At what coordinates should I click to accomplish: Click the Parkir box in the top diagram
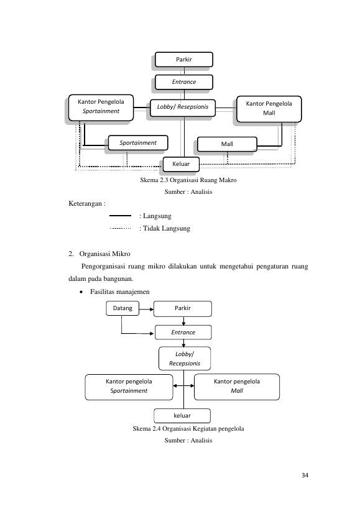(x=184, y=60)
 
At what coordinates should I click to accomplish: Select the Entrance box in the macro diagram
(x=184, y=82)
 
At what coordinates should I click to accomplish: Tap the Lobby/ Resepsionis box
(x=183, y=108)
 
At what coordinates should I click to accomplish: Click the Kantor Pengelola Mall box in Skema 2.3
(x=269, y=109)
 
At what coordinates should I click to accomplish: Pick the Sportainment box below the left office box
(x=138, y=143)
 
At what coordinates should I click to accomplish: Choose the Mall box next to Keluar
(x=227, y=144)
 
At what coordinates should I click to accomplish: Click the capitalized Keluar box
(x=181, y=164)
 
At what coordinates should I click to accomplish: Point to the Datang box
(x=122, y=308)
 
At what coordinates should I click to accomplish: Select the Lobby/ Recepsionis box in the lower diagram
(x=185, y=359)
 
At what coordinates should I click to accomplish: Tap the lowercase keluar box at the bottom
(x=182, y=416)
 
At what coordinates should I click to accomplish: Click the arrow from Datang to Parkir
(x=146, y=310)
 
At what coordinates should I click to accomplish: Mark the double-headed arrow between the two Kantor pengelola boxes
(x=183, y=386)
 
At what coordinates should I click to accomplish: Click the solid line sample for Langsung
(x=120, y=216)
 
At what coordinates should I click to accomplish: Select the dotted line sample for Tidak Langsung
(x=120, y=228)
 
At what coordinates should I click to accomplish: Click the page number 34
(x=305, y=475)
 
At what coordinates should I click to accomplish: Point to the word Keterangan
(x=85, y=204)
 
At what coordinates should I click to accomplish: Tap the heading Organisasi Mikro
(x=104, y=254)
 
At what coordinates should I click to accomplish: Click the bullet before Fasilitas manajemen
(x=81, y=292)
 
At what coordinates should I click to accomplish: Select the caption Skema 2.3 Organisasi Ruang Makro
(x=188, y=180)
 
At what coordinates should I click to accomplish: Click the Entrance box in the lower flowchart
(x=183, y=332)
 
